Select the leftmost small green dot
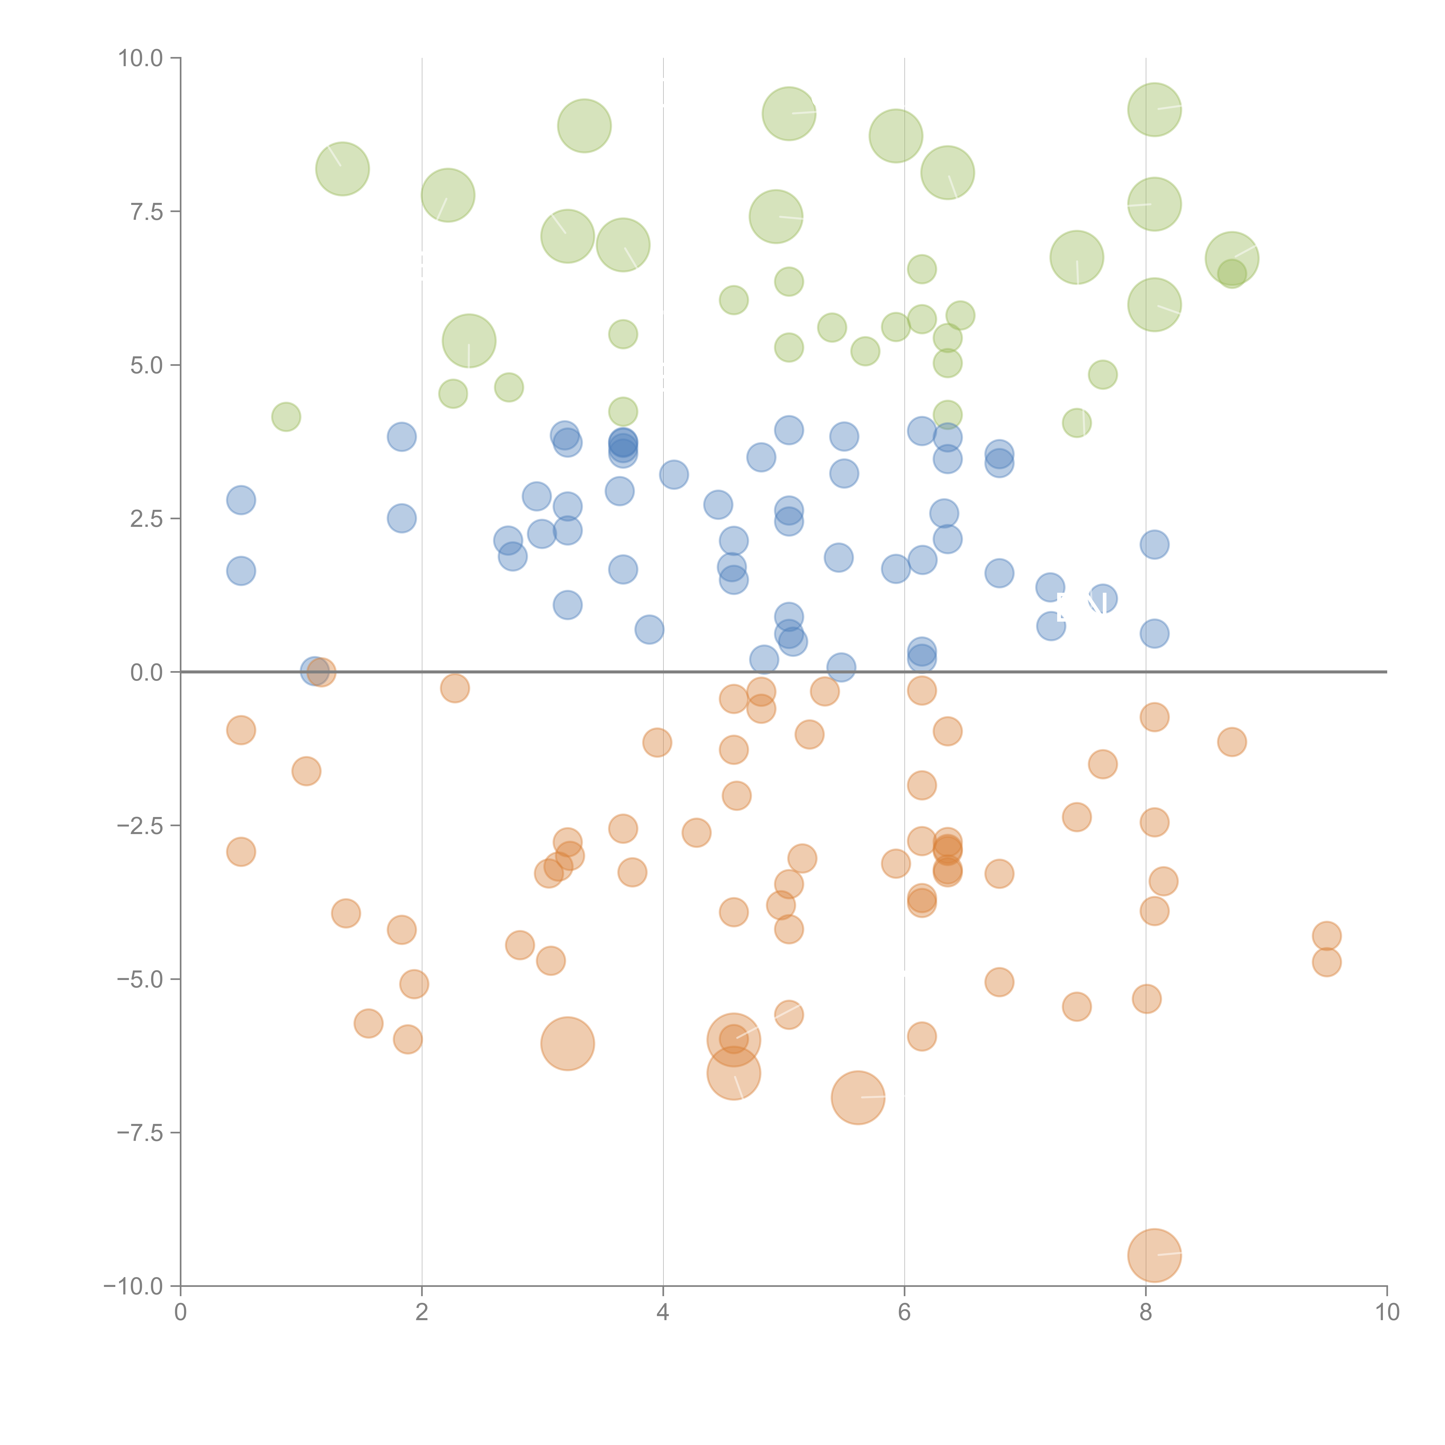286,417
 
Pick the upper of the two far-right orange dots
1326,936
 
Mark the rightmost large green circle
1232,259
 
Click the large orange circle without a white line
568,1043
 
